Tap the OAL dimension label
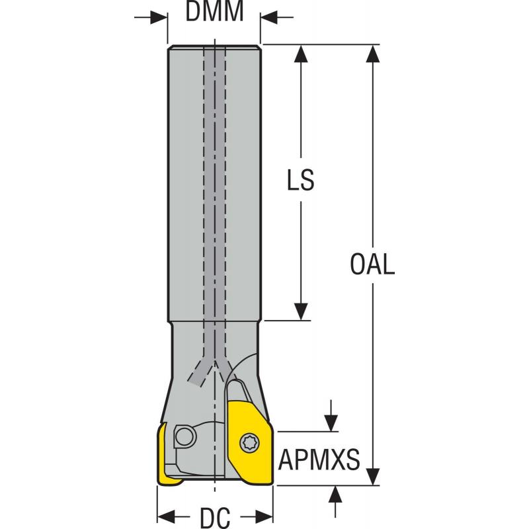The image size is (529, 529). click(372, 264)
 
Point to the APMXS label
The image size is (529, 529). click(319, 459)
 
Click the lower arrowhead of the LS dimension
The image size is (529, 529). click(301, 312)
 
